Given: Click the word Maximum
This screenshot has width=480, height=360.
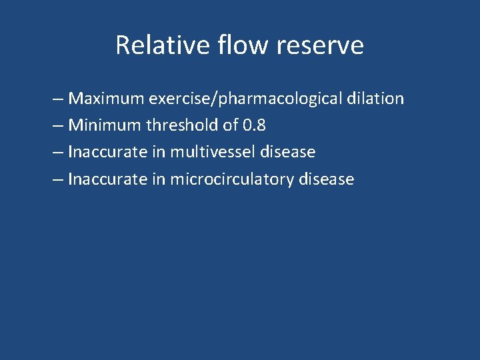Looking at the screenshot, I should point(107,99).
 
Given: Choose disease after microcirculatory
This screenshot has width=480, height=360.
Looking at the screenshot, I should point(327,179).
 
